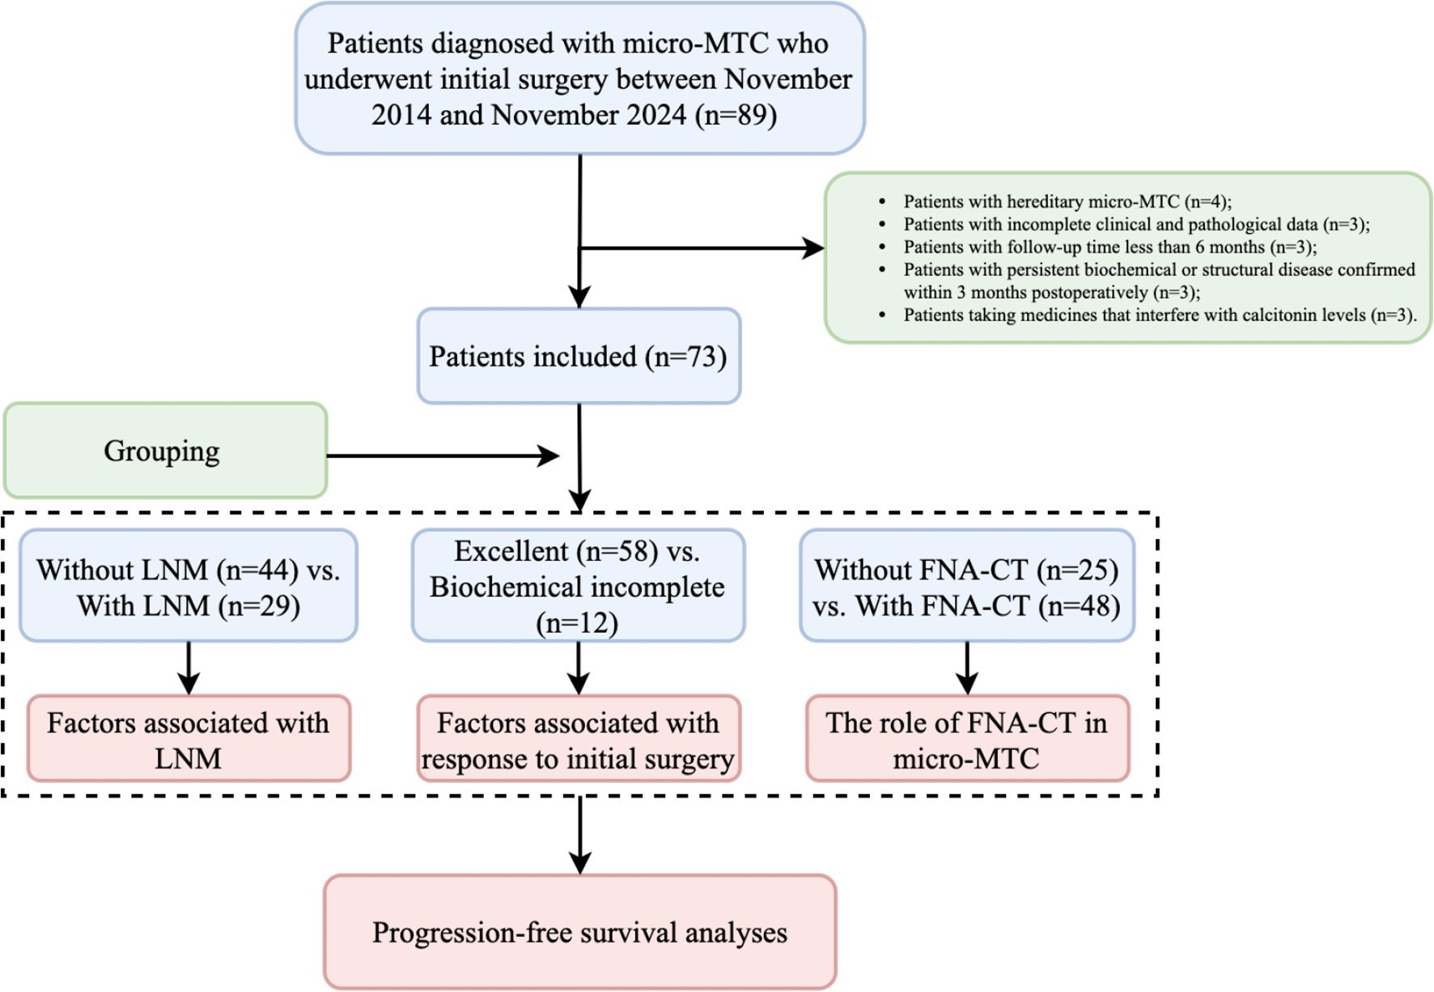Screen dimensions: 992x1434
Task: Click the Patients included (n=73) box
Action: coord(579,356)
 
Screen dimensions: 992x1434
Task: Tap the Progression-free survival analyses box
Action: coord(579,932)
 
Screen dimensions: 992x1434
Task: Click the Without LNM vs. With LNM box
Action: coord(189,587)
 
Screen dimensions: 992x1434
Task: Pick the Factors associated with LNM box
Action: coord(189,739)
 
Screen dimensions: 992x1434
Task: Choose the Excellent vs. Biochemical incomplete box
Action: coord(578,586)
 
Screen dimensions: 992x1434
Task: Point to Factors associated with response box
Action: coord(578,739)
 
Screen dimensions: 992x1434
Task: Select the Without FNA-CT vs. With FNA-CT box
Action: coord(967,587)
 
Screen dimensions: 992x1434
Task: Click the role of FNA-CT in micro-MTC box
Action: coord(967,739)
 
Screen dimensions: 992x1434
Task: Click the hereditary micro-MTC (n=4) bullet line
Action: coord(1067,201)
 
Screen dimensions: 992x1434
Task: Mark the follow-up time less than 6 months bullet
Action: coord(1109,247)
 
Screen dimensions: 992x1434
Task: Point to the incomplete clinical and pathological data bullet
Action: coord(1136,224)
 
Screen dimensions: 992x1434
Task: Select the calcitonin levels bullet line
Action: coord(1160,315)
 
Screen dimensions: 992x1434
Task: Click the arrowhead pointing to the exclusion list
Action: coord(812,248)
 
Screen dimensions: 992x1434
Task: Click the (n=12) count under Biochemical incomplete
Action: coord(577,623)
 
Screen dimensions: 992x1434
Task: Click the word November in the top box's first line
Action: coord(787,79)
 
